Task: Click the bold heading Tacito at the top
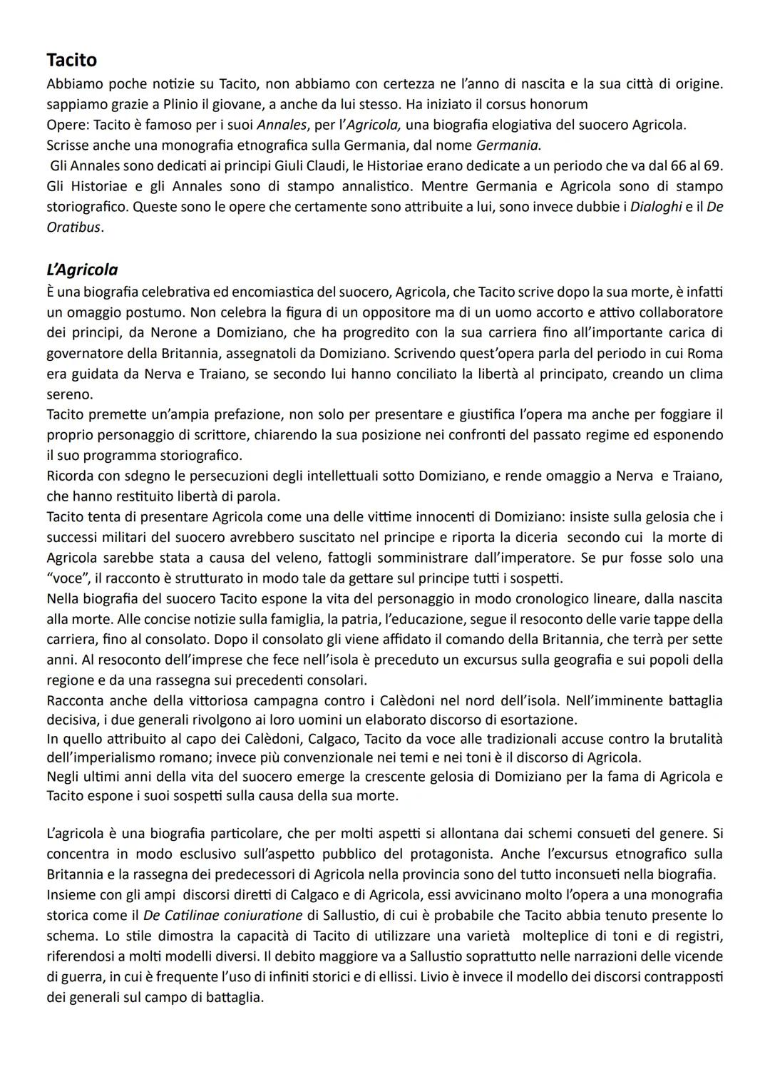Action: [x=71, y=60]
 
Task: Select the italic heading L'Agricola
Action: [x=82, y=270]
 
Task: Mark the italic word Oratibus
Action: [x=74, y=228]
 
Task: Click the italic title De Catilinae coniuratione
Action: [x=212, y=915]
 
